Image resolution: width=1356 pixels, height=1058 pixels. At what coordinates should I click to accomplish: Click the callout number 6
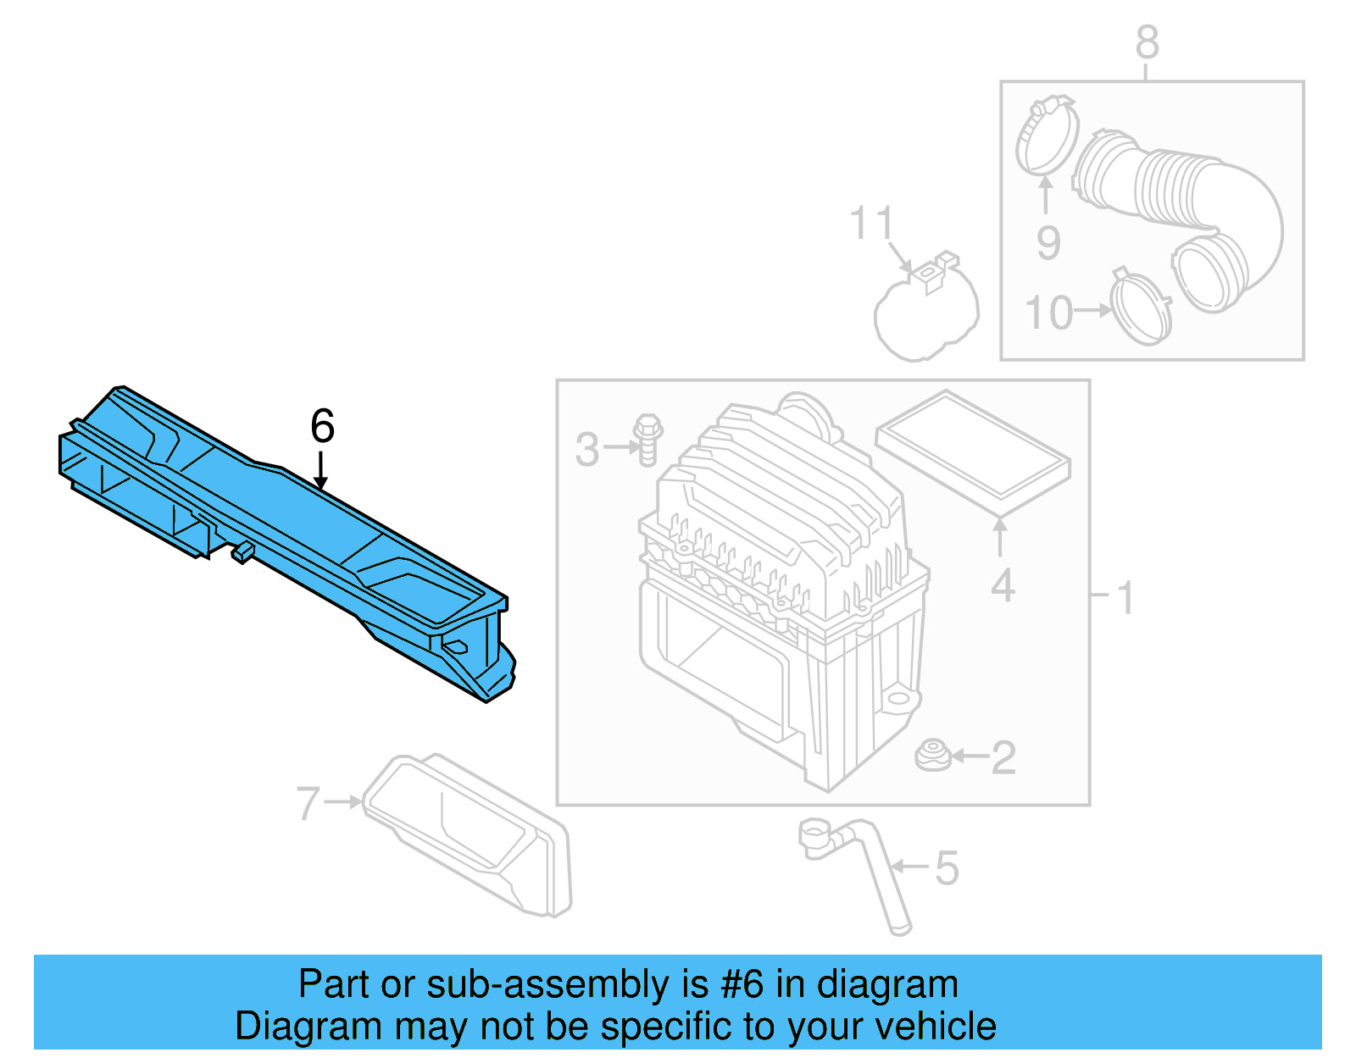322,425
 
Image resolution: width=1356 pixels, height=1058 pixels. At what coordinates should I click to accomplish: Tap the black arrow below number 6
320,471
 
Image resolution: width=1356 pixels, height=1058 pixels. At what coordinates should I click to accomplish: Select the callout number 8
1147,42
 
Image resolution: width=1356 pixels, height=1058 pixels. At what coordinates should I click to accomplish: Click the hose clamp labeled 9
1047,136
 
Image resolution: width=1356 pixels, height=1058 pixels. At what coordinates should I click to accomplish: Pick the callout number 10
1049,313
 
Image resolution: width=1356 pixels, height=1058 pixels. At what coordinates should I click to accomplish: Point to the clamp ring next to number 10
1142,309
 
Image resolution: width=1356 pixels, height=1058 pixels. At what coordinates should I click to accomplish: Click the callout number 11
871,224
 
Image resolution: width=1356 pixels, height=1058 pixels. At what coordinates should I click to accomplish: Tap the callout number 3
586,450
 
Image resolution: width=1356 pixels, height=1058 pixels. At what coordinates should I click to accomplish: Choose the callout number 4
1003,585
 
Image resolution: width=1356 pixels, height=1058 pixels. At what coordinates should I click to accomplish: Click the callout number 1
1125,598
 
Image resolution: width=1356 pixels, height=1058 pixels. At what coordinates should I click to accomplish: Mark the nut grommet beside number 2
932,756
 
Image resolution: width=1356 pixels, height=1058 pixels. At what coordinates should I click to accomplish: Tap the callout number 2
1003,757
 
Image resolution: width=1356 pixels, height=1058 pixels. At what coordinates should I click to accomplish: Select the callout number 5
947,868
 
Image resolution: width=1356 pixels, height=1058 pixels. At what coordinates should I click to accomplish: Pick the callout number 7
308,803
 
